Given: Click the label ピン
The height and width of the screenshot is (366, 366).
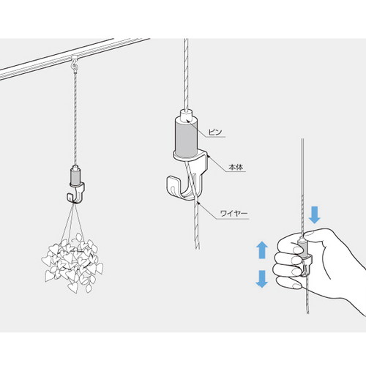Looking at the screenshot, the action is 215,132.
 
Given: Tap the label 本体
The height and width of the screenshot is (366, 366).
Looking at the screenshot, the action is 236,168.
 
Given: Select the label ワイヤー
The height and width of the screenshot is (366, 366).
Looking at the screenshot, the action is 234,214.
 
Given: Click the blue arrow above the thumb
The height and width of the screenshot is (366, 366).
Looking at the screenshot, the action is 314,214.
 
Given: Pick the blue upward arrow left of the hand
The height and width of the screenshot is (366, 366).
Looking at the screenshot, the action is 262,250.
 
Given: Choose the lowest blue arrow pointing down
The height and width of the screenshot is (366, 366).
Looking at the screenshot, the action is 262,279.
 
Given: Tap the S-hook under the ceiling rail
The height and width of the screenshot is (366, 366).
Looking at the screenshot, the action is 74,65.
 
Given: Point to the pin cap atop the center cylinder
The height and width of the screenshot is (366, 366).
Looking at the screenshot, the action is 186,115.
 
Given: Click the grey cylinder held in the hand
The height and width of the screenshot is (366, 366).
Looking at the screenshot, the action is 303,249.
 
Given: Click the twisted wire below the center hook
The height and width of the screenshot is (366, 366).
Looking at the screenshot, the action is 197,225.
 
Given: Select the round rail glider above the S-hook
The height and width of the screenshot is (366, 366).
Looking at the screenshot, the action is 73,58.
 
